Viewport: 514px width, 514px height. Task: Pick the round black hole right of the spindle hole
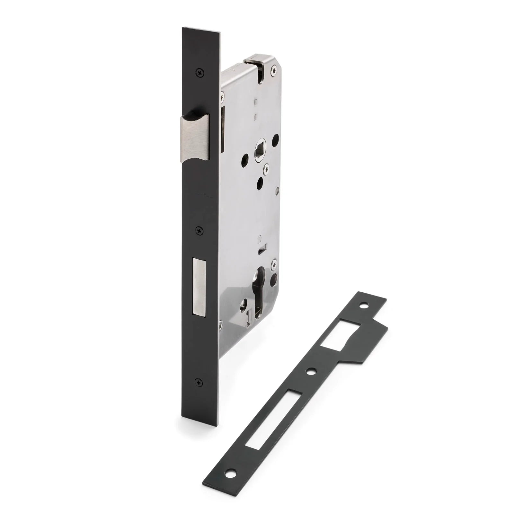click(x=275, y=140)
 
